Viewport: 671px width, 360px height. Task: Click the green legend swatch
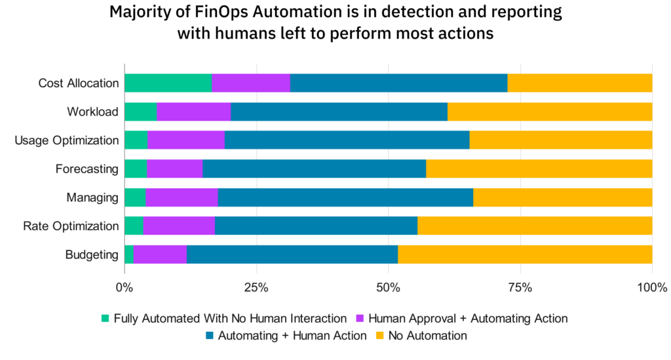click(x=105, y=319)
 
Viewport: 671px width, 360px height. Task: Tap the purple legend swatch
click(x=360, y=319)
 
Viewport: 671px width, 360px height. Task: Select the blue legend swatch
click(x=210, y=336)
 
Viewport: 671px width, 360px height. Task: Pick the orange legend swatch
click(x=379, y=336)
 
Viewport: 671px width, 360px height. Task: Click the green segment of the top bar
click(x=168, y=83)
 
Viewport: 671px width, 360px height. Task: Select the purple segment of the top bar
click(x=251, y=83)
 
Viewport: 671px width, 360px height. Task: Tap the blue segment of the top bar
click(x=398, y=83)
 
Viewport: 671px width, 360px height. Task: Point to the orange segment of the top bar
click(x=579, y=83)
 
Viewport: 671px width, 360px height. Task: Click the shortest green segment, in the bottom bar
click(x=129, y=254)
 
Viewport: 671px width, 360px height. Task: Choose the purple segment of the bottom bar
click(x=160, y=254)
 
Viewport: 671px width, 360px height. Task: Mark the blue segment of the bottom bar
click(x=292, y=254)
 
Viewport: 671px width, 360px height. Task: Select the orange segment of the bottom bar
click(x=524, y=254)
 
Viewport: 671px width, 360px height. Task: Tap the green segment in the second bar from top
click(x=141, y=111)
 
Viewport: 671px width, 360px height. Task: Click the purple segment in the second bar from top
click(x=194, y=111)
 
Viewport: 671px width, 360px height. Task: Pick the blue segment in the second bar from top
click(x=339, y=111)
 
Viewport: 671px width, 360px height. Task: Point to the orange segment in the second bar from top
click(x=549, y=111)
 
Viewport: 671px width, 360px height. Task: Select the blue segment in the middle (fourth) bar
click(x=314, y=169)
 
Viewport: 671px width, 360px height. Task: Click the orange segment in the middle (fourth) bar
click(x=539, y=169)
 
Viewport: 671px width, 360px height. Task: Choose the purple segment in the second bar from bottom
click(x=179, y=226)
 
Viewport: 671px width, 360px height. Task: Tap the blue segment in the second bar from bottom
click(x=316, y=226)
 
